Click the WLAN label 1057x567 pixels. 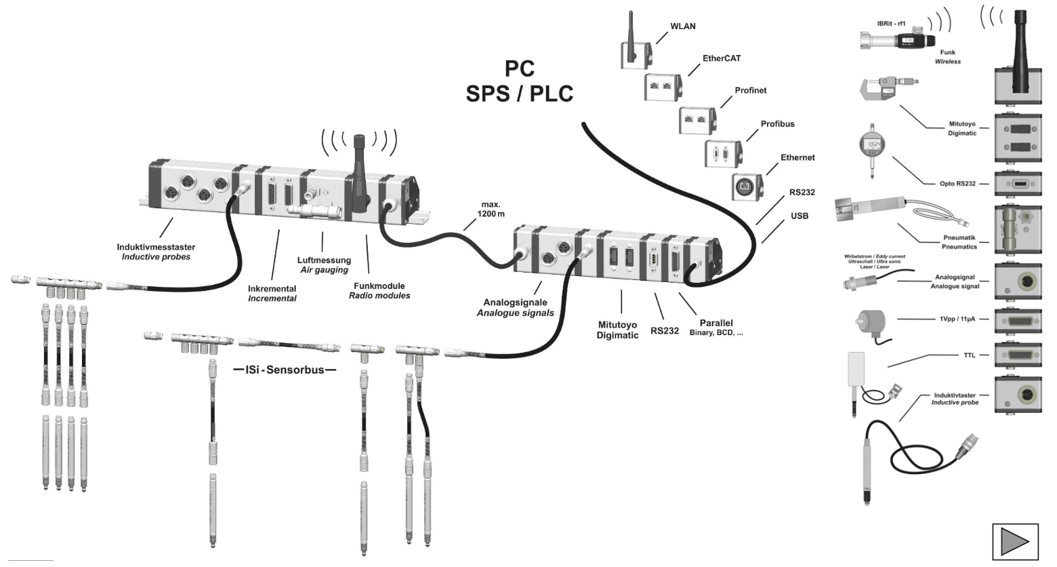(682, 26)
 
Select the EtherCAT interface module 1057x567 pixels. (663, 87)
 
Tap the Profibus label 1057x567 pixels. (777, 124)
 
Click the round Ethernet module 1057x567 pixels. (746, 186)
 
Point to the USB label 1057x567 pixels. (800, 216)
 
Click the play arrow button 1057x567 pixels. (1015, 541)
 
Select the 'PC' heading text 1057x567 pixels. (520, 69)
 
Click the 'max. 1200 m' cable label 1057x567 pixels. (491, 209)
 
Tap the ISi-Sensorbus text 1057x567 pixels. (285, 370)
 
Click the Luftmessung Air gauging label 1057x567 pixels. (324, 265)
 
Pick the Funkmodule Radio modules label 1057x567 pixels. (379, 291)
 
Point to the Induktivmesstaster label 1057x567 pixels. (156, 252)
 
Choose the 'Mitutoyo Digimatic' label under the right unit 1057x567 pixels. (617, 330)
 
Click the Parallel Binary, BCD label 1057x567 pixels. (716, 328)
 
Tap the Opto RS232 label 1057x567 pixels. (957, 184)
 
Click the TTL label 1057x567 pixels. (970, 355)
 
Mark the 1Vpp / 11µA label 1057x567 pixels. (957, 319)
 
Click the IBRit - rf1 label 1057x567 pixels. (891, 24)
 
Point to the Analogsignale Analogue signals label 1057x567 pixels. (515, 308)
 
